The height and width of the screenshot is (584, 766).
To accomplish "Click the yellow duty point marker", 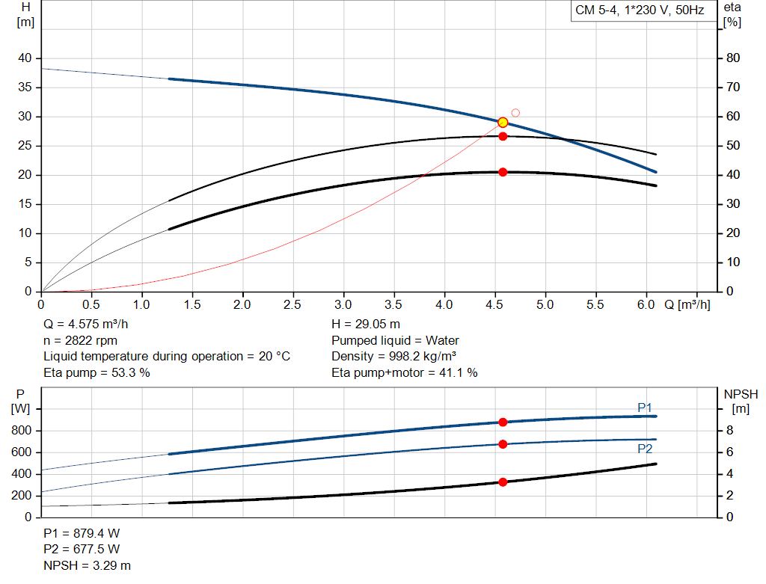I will pyautogui.click(x=503, y=122).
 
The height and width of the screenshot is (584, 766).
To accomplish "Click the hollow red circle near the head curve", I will pyautogui.click(x=515, y=113).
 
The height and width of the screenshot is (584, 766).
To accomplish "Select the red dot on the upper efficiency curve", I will pyautogui.click(x=503, y=136).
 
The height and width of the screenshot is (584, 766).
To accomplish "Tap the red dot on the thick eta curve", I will pyautogui.click(x=503, y=172).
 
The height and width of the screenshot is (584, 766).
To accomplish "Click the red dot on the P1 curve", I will pyautogui.click(x=503, y=422).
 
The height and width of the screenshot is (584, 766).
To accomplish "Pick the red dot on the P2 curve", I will pyautogui.click(x=503, y=444).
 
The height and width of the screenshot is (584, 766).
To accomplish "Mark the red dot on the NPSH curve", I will pyautogui.click(x=503, y=482).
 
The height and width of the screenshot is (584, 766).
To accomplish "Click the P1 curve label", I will pyautogui.click(x=645, y=407).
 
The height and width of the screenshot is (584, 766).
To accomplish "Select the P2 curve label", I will pyautogui.click(x=645, y=449).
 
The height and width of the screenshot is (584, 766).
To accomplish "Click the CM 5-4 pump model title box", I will pyautogui.click(x=640, y=10).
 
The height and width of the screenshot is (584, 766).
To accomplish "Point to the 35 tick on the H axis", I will pyautogui.click(x=25, y=87).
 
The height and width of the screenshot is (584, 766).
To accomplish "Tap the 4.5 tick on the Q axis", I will pyautogui.click(x=495, y=305).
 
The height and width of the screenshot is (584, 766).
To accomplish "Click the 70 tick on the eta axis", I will pyautogui.click(x=733, y=87).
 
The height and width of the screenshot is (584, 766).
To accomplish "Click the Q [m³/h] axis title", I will pyautogui.click(x=687, y=305).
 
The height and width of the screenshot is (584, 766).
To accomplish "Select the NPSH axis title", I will pyautogui.click(x=741, y=394).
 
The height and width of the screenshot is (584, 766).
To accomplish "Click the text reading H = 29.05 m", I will pyautogui.click(x=366, y=325).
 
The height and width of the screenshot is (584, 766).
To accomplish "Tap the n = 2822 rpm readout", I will pyautogui.click(x=80, y=340).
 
